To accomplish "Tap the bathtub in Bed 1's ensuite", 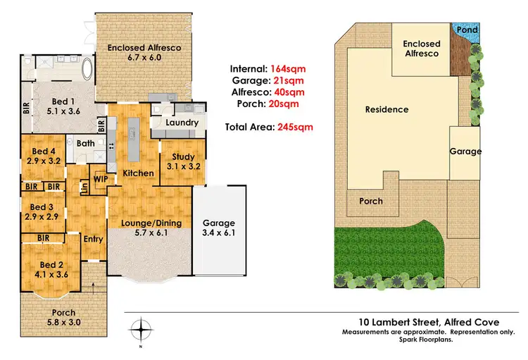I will coord(87,71).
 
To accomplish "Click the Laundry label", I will coord(182,123).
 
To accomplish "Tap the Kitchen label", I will coord(139,173).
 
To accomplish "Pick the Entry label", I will coord(93,239).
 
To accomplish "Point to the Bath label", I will coord(86,143).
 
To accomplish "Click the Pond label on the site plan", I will coord(467,30).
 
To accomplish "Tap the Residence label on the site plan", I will coord(386,109).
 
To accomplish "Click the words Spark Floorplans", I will coord(431,339).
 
